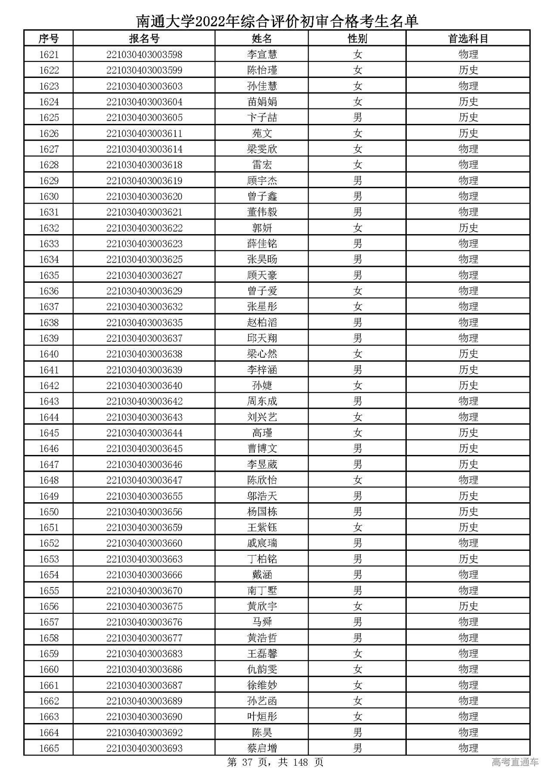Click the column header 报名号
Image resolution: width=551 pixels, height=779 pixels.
[144, 39]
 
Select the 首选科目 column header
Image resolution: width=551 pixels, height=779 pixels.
[468, 39]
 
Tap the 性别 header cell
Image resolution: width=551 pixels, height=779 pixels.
[357, 39]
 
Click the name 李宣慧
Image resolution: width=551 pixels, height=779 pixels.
[262, 55]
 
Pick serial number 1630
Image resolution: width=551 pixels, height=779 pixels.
[49, 196]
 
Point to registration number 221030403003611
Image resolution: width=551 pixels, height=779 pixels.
[144, 133]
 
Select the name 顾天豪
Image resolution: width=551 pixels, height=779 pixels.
[262, 275]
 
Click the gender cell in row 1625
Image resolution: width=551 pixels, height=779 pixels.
[357, 117]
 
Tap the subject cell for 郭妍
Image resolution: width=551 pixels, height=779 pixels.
[468, 228]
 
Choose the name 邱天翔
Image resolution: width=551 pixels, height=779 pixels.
[262, 338]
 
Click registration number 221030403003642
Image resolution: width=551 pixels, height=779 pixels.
[144, 401]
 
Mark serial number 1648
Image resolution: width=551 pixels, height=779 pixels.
[49, 480]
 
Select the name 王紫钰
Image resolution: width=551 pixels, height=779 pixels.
[262, 527]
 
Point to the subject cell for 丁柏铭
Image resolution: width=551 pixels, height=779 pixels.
[468, 559]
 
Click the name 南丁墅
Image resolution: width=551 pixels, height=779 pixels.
[262, 590]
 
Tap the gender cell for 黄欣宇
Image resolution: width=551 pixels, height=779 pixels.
[357, 606]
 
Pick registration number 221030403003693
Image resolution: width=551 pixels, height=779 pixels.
[144, 748]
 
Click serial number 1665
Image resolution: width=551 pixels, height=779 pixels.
[49, 748]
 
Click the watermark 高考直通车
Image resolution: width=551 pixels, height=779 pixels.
[515, 763]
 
